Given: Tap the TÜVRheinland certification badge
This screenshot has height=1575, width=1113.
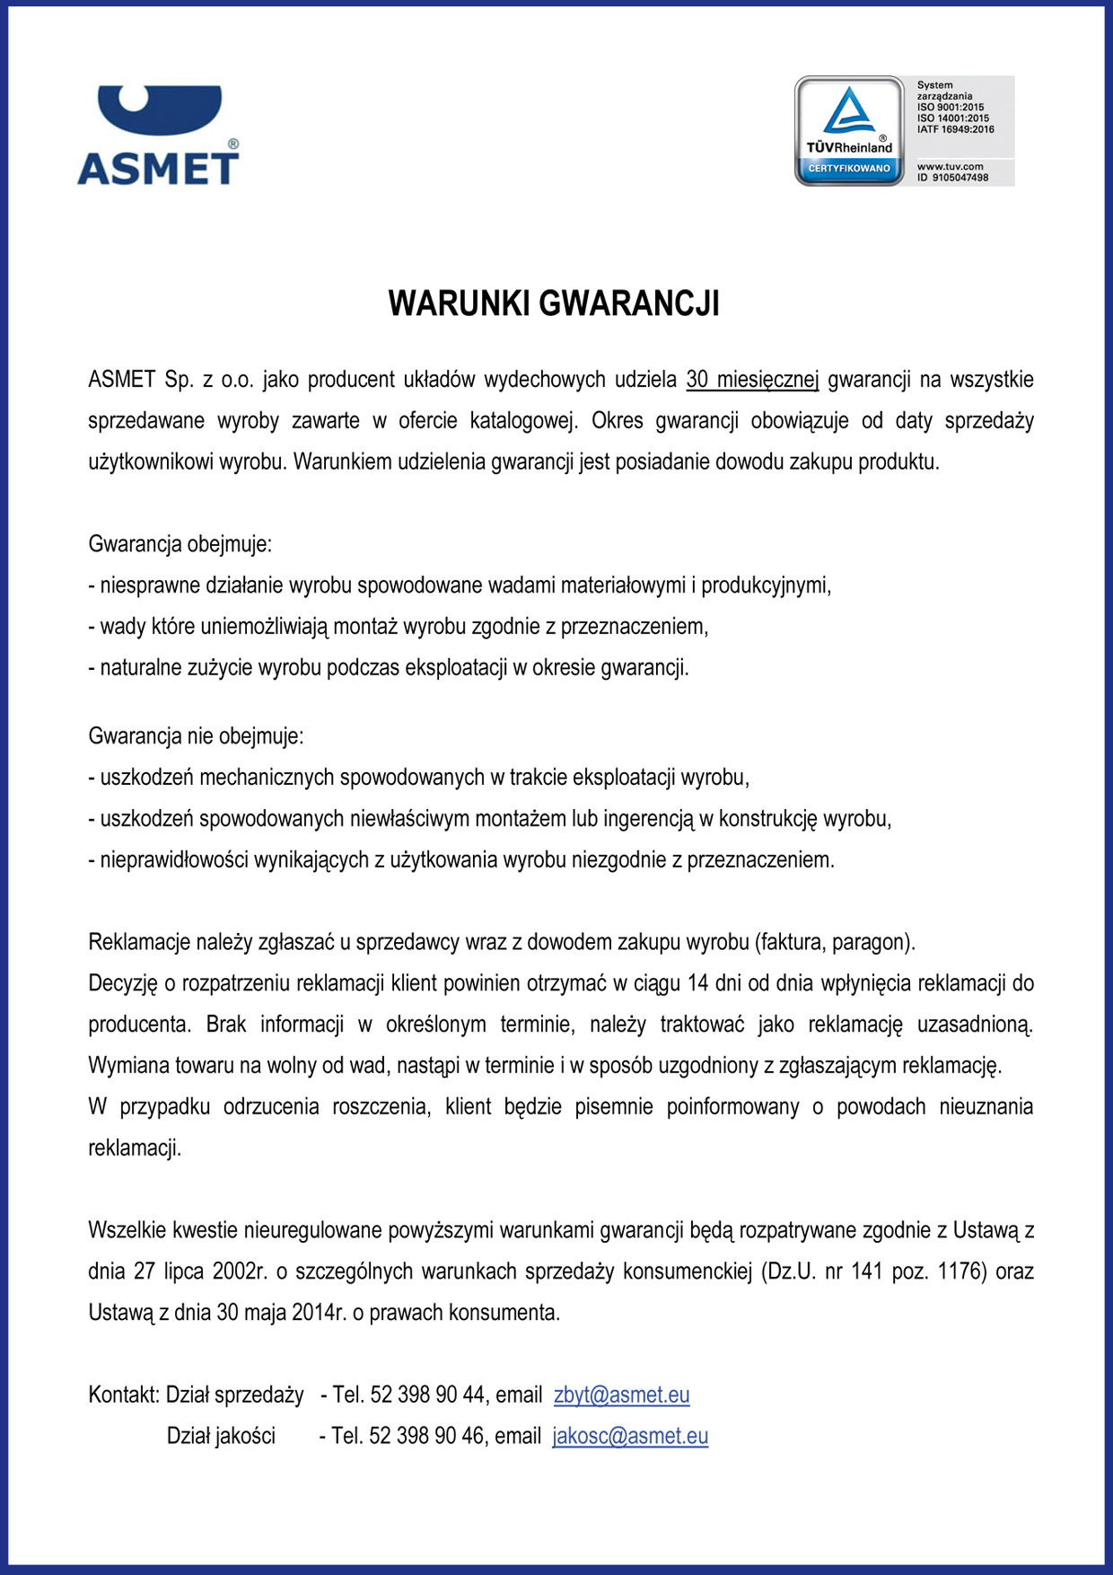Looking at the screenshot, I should (849, 131).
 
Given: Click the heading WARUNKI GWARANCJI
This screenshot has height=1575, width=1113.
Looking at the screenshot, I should (554, 304).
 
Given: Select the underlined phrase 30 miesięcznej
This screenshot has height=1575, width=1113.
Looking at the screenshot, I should (752, 380).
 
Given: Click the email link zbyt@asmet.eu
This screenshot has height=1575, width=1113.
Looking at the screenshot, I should (621, 1395).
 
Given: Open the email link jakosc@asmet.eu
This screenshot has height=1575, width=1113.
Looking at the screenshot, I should (630, 1436).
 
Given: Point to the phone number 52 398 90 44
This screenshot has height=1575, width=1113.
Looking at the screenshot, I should (427, 1395).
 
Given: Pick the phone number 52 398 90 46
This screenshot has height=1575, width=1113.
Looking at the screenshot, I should (426, 1436).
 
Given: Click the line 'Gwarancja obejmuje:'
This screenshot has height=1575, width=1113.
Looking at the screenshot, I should (180, 544).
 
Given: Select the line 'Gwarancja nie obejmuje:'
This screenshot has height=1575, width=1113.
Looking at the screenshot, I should (196, 736).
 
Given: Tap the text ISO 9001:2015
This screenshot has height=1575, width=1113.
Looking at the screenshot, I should (951, 107).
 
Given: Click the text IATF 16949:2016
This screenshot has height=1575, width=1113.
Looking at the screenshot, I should (955, 129).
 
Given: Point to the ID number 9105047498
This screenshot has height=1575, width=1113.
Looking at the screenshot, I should (960, 178).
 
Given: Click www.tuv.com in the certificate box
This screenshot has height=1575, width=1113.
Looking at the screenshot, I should (950, 166).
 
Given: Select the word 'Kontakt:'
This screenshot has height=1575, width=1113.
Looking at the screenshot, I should (124, 1395).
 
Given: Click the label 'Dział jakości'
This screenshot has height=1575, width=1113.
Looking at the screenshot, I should (221, 1436).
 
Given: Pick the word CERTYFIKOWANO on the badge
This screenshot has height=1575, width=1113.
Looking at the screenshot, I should (849, 169).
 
